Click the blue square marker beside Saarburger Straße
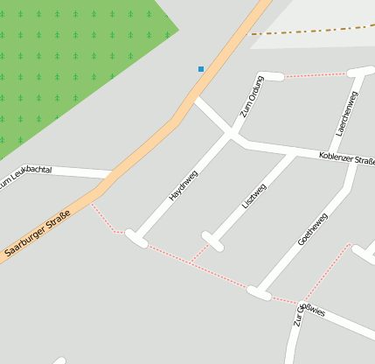(201, 69)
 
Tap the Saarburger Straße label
(38, 236)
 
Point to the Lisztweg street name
(253, 195)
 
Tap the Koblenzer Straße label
(347, 159)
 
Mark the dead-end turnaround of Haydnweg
(136, 237)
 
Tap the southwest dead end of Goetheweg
(259, 292)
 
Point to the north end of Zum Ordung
(272, 76)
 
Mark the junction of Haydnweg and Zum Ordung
(232, 136)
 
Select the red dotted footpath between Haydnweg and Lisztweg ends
(170, 255)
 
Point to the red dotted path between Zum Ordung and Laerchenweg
(315, 74)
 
